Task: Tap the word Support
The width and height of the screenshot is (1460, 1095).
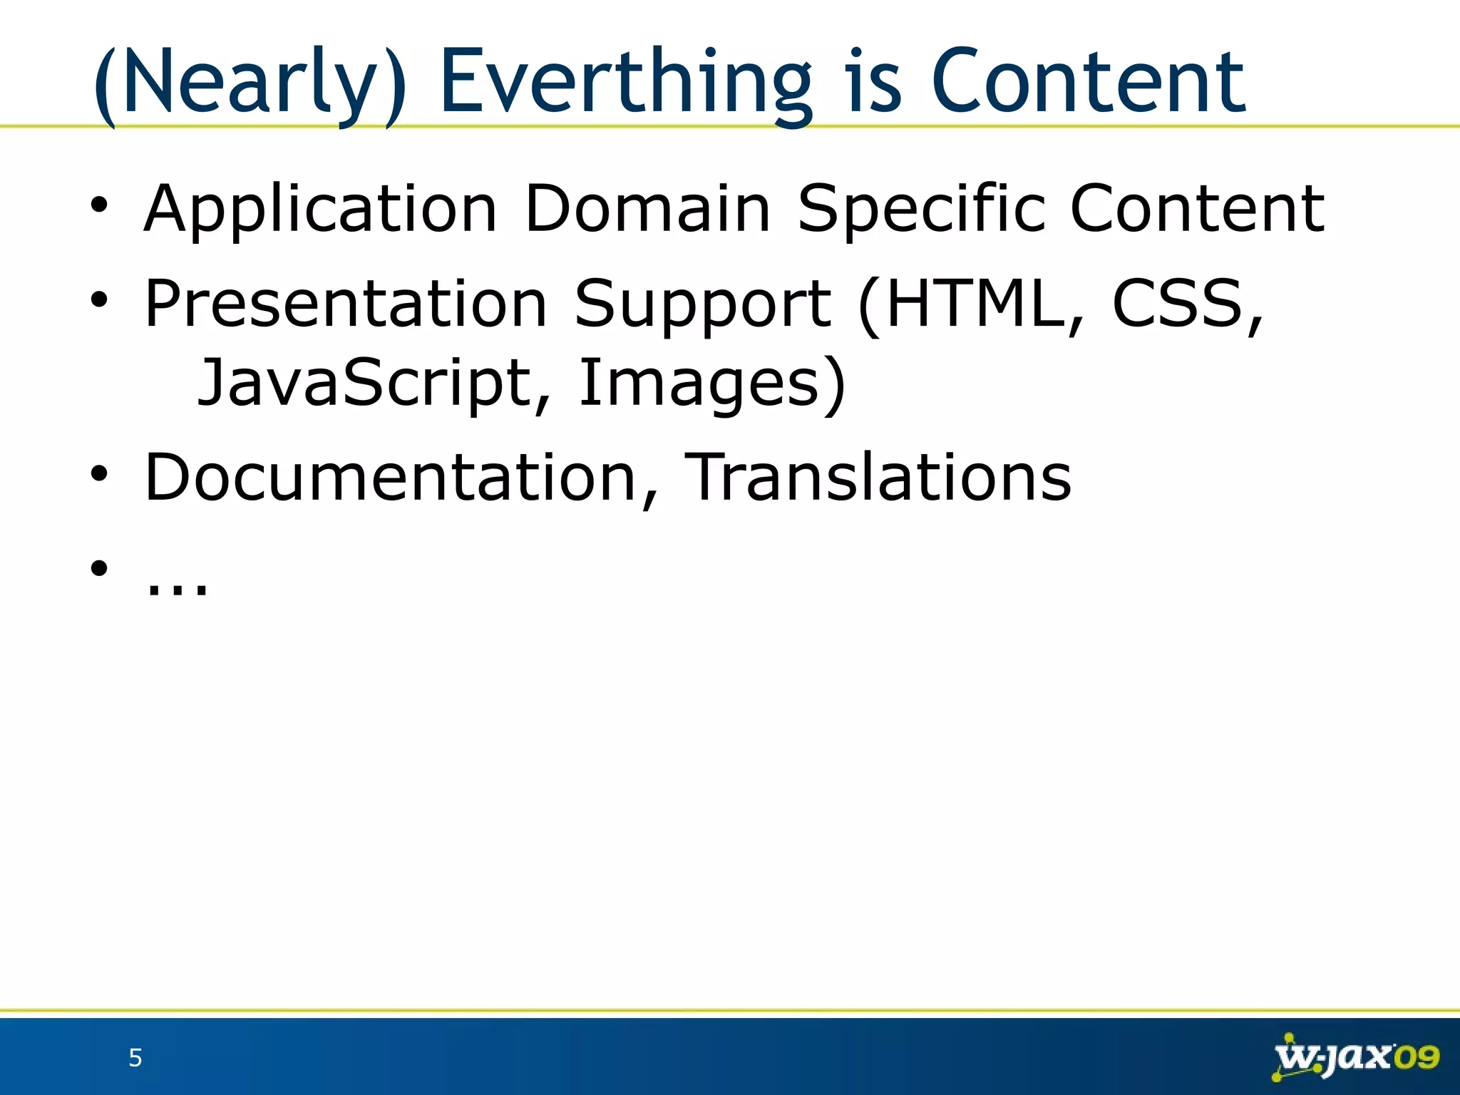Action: point(702,304)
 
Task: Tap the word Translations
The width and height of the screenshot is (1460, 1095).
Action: point(878,478)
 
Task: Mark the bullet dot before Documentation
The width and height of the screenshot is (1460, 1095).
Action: point(99,473)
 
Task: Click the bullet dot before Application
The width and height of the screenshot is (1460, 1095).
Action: point(99,205)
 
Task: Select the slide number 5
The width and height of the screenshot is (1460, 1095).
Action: point(135,1058)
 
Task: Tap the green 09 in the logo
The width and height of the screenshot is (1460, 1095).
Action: point(1416,1057)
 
